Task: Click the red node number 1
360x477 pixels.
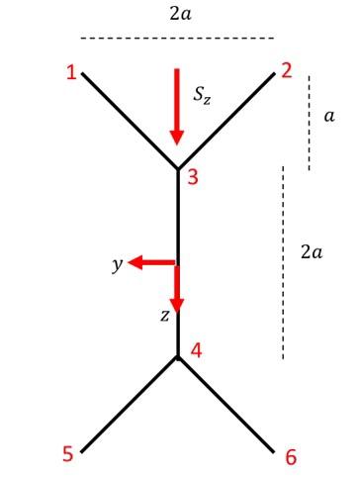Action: tap(71, 73)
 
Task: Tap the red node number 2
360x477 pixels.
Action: tap(286, 70)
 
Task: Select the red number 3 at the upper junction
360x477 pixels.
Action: tap(194, 178)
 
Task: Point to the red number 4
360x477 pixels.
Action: tap(197, 349)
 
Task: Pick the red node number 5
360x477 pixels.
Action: tap(68, 454)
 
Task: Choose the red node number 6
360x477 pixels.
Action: tap(290, 456)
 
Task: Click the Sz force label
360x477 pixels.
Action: tap(204, 96)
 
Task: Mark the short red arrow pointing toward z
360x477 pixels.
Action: tap(177, 287)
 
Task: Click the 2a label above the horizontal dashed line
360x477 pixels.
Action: tap(177, 14)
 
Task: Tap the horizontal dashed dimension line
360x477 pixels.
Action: tap(177, 39)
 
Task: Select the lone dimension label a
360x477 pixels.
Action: tap(328, 117)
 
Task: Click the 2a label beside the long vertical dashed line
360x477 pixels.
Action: tap(311, 252)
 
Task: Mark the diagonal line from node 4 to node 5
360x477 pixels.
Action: tap(129, 405)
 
